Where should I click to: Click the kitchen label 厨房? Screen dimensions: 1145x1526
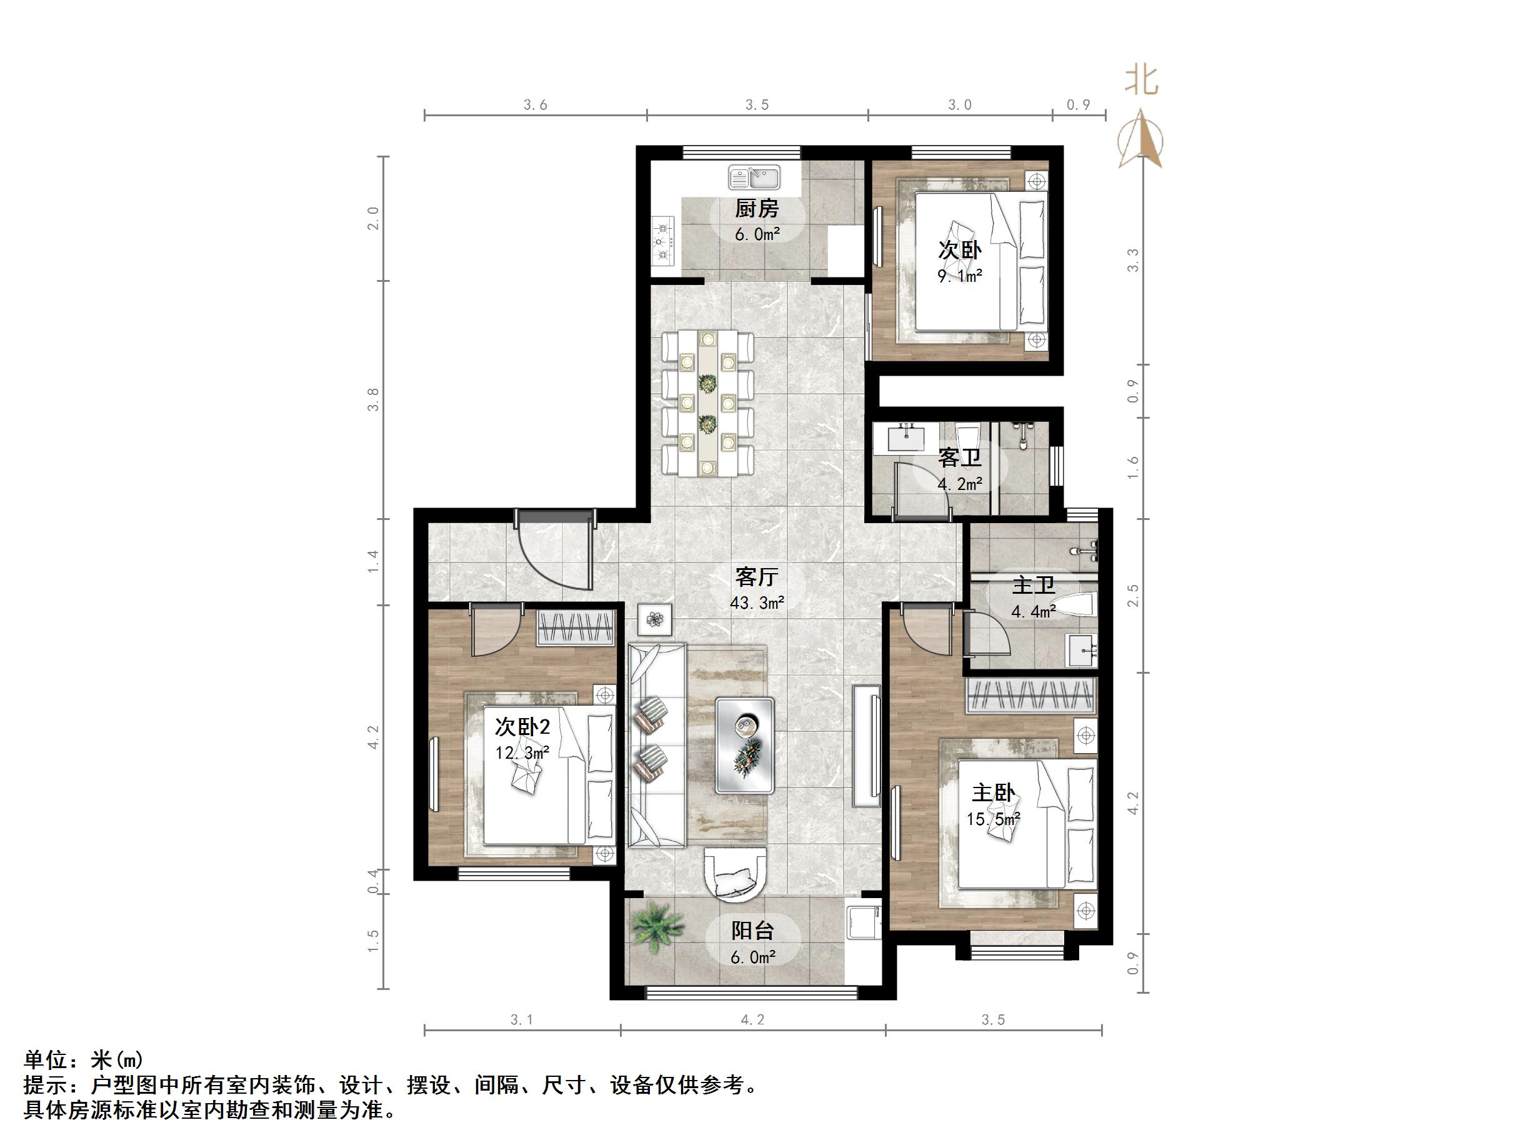pyautogui.click(x=757, y=207)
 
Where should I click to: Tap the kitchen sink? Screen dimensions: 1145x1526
pyautogui.click(x=754, y=177)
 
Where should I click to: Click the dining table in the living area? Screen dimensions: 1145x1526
pyautogui.click(x=707, y=404)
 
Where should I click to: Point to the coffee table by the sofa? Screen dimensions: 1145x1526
pyautogui.click(x=744, y=744)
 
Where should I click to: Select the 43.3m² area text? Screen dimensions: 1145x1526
pyautogui.click(x=757, y=602)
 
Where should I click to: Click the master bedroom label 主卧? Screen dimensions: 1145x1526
pyautogui.click(x=994, y=793)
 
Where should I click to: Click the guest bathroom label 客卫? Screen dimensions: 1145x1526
pyautogui.click(x=959, y=457)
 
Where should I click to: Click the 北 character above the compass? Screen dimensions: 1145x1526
pyautogui.click(x=1142, y=81)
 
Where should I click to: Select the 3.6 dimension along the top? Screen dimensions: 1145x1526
pyautogui.click(x=536, y=105)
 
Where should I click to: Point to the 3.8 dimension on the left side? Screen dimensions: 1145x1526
pyautogui.click(x=373, y=399)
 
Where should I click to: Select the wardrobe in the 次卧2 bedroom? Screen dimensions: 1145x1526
pyautogui.click(x=576, y=629)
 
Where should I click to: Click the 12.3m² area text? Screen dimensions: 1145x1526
pyautogui.click(x=522, y=752)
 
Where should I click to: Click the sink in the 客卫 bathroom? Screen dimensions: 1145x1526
pyautogui.click(x=905, y=437)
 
